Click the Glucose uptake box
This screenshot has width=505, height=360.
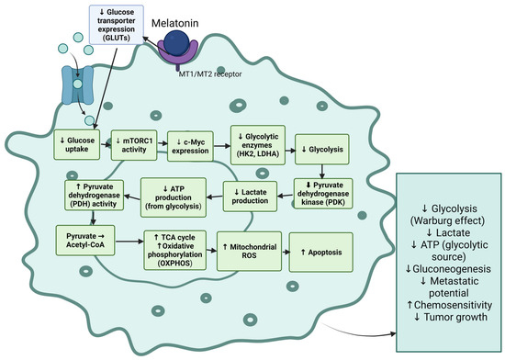(x=76, y=144)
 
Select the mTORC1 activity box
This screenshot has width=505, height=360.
(x=134, y=145)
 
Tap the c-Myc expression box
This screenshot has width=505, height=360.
(x=190, y=146)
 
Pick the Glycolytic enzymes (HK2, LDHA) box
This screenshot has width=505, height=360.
(x=258, y=145)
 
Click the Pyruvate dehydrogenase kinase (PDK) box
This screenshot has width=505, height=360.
(x=323, y=194)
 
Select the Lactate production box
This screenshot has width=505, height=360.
(x=250, y=197)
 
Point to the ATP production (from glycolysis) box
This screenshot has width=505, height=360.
(x=174, y=197)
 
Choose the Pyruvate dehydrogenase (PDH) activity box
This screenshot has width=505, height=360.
(x=94, y=195)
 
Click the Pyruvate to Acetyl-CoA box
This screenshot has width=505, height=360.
(x=85, y=241)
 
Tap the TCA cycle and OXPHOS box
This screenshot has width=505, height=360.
(x=174, y=250)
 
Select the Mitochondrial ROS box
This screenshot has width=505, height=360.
(x=249, y=252)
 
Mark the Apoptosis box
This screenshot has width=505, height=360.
(x=321, y=253)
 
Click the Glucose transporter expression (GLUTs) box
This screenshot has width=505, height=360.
(x=117, y=25)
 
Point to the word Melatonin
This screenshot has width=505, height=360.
(x=174, y=23)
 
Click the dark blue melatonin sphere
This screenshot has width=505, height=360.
(x=176, y=42)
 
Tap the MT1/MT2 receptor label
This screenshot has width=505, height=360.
(x=210, y=74)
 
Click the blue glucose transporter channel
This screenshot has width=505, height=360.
(x=77, y=85)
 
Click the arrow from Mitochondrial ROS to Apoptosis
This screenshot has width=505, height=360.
(x=286, y=252)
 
